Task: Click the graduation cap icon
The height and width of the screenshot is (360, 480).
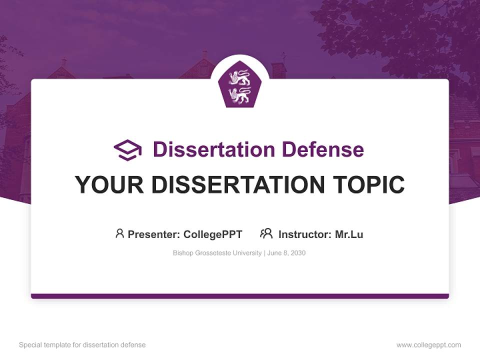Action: (127, 150)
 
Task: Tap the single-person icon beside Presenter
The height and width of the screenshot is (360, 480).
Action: (119, 233)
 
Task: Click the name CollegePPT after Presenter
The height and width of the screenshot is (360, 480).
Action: (213, 234)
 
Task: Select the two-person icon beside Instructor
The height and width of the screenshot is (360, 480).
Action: (266, 233)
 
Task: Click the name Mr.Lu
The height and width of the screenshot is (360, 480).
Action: (349, 234)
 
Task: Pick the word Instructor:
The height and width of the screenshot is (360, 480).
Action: (304, 234)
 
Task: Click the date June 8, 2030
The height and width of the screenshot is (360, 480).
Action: (286, 253)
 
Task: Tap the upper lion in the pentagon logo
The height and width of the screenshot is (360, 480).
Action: (239, 77)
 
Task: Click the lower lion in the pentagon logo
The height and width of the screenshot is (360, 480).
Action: (239, 95)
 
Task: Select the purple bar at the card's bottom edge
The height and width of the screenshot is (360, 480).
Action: (239, 296)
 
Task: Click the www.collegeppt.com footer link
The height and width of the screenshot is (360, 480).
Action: (428, 345)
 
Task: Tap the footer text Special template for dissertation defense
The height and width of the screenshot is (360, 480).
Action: (82, 345)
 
